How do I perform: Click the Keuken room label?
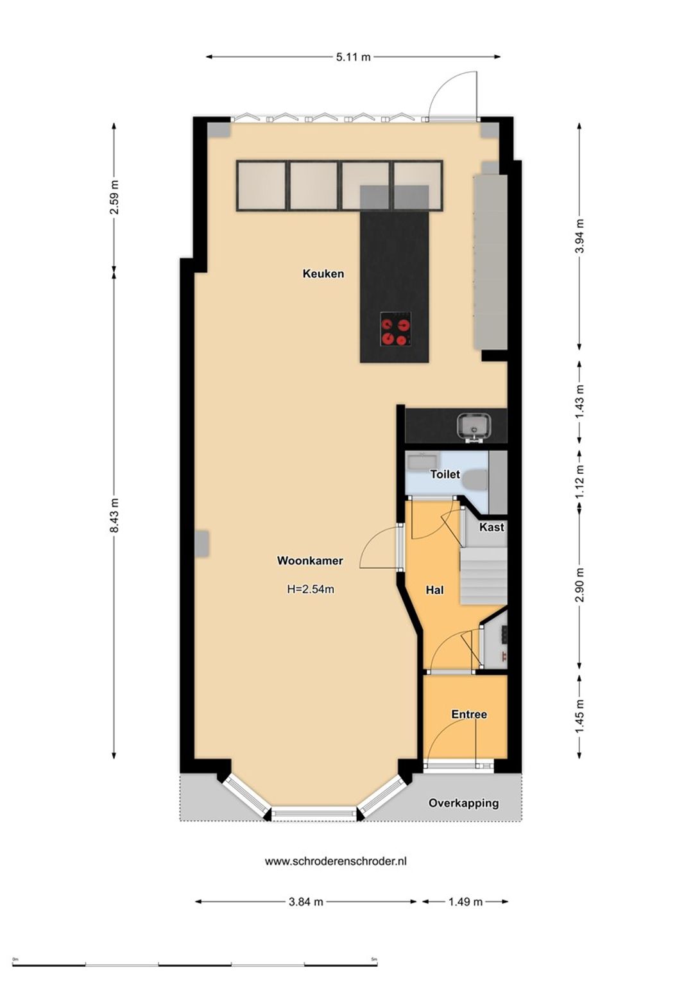[323, 273]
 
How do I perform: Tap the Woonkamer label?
[310, 560]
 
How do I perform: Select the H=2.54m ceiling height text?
[311, 589]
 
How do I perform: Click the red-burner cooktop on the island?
[396, 329]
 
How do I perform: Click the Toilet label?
[445, 474]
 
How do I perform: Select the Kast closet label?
[492, 527]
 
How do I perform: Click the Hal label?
[434, 591]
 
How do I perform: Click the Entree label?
[469, 715]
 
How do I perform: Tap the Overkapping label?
[464, 803]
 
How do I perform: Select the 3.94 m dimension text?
[579, 236]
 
